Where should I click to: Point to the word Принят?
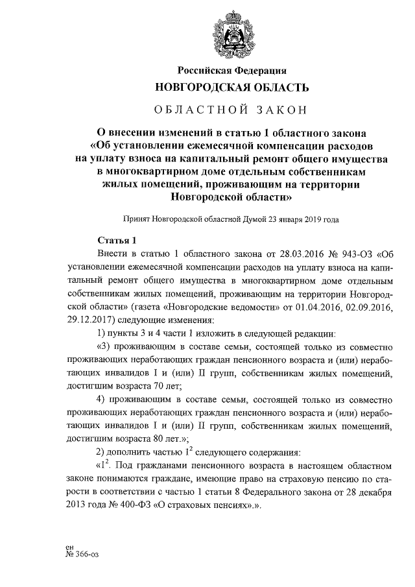(134, 220)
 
